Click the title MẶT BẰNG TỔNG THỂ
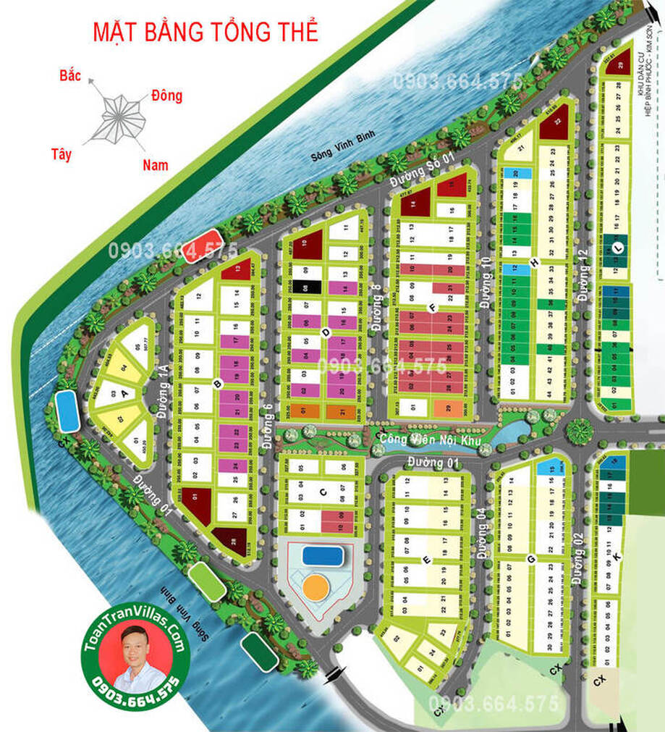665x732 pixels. pos(206,32)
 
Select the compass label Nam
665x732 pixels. pos(155,164)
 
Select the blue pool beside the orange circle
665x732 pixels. pos(322,555)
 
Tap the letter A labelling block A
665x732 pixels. pos(124,393)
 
